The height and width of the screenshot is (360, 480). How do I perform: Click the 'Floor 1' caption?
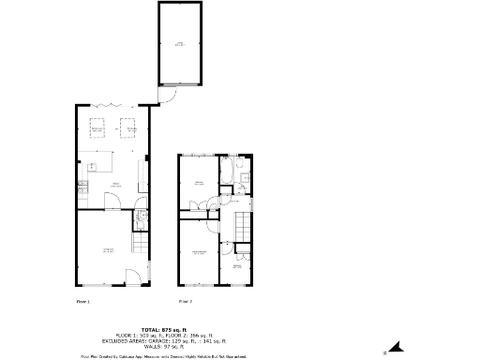[x=82, y=302]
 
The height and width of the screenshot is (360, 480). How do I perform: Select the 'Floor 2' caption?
[x=186, y=302]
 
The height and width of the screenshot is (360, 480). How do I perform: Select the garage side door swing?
[x=166, y=95]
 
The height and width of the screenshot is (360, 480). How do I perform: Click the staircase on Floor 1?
[x=140, y=246]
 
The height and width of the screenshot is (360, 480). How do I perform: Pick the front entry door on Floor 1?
[x=133, y=277]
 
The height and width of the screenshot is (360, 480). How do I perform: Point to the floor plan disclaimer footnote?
[x=164, y=356]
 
